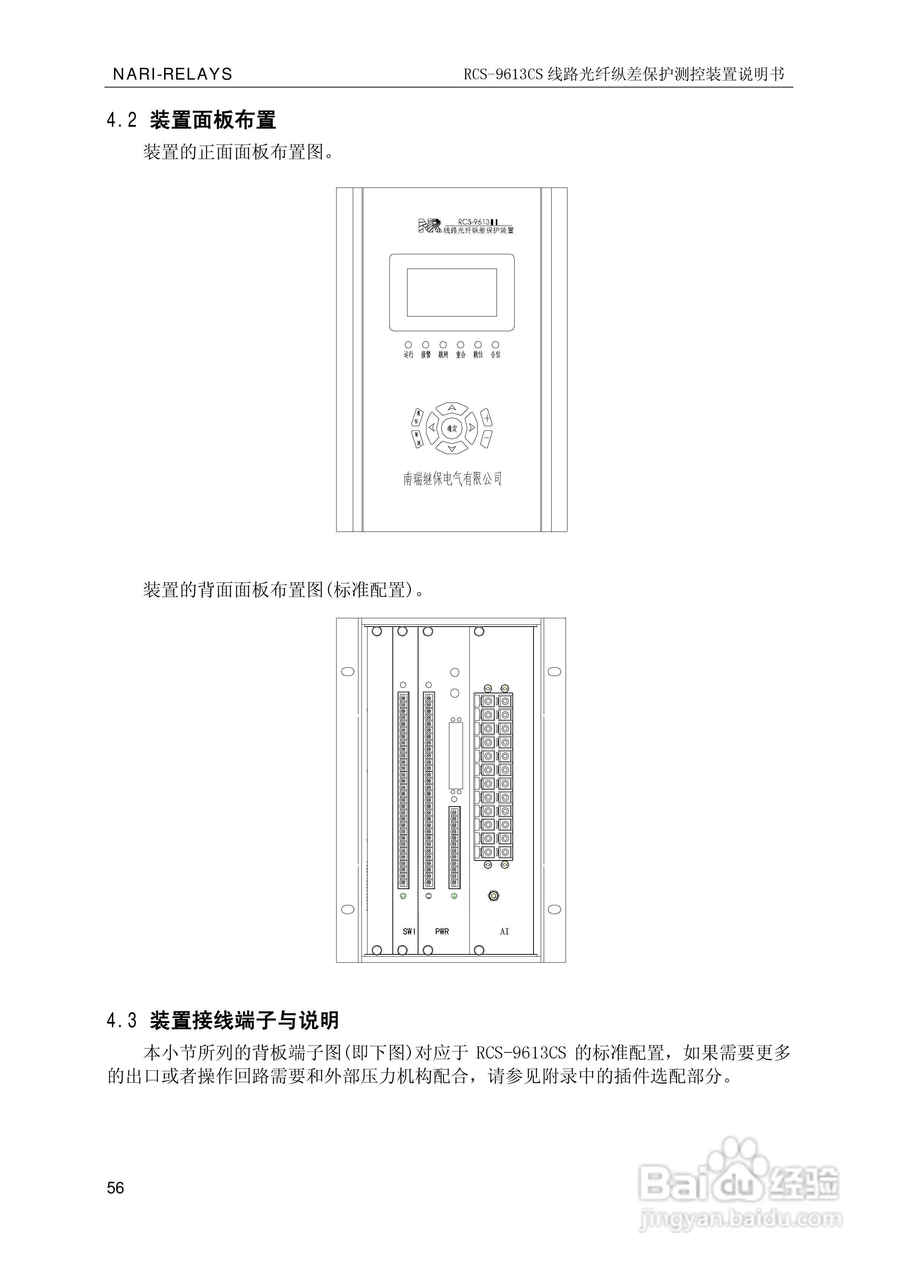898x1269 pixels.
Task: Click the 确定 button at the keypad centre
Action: (452, 428)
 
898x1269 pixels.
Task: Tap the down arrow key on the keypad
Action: (452, 448)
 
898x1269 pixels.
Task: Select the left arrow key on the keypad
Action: (432, 428)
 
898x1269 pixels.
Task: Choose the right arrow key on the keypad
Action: (472, 427)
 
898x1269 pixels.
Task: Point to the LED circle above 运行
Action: (409, 345)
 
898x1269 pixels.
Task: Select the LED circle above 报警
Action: (426, 345)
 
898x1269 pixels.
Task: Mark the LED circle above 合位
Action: (495, 345)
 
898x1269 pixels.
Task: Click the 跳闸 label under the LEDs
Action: (443, 355)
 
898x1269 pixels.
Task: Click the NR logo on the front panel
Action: (430, 226)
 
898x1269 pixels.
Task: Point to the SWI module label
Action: (409, 931)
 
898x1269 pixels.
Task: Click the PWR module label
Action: (442, 931)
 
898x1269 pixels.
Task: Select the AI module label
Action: (504, 931)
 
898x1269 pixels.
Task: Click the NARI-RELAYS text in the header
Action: (172, 74)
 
